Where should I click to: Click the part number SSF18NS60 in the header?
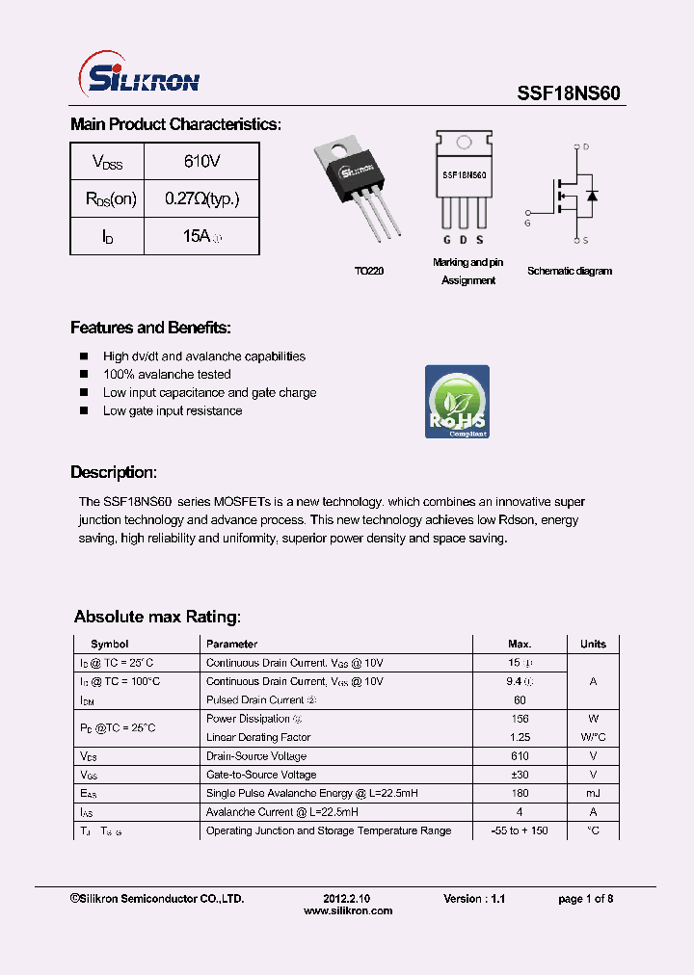pyautogui.click(x=569, y=93)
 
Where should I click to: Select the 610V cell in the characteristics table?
pyautogui.click(x=201, y=161)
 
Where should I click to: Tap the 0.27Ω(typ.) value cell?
pyautogui.click(x=201, y=198)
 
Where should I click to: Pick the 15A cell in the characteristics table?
pyautogui.click(x=201, y=236)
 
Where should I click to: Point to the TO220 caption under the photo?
pyautogui.click(x=368, y=272)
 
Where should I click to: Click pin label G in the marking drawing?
pyautogui.click(x=446, y=239)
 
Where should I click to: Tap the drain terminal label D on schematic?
pyautogui.click(x=586, y=147)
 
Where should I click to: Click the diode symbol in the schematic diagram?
pyautogui.click(x=591, y=196)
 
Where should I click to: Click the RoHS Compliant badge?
pyautogui.click(x=457, y=402)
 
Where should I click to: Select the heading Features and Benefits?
pyautogui.click(x=150, y=328)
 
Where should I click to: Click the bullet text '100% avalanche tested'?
pyautogui.click(x=167, y=374)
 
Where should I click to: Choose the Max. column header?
pyautogui.click(x=520, y=644)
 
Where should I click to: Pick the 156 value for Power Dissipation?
pyautogui.click(x=520, y=719)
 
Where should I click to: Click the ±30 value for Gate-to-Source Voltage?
pyautogui.click(x=520, y=775)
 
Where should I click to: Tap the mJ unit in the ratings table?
pyautogui.click(x=593, y=793)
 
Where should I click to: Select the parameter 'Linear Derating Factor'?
pyautogui.click(x=258, y=737)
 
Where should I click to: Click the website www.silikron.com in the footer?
pyautogui.click(x=348, y=910)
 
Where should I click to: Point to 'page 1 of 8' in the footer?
pyautogui.click(x=585, y=899)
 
